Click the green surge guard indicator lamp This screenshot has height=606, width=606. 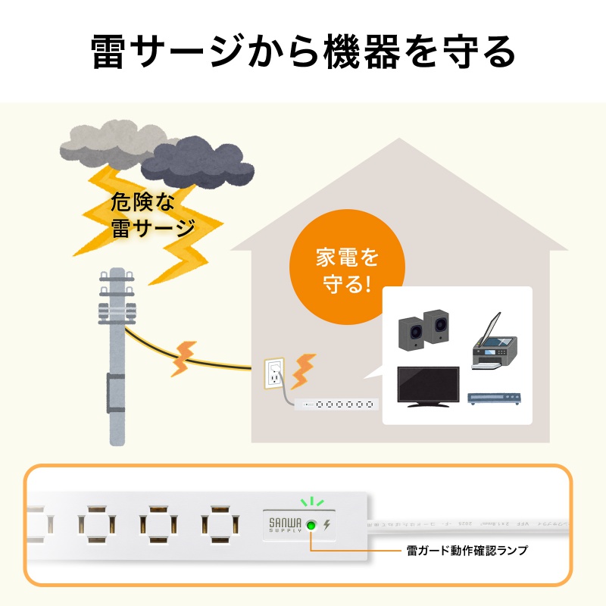tap(311, 524)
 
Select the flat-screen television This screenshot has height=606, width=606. tap(429, 387)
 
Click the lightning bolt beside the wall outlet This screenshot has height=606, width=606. tap(304, 369)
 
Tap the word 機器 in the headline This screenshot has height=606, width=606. tap(364, 52)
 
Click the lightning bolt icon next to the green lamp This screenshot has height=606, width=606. tap(327, 524)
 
